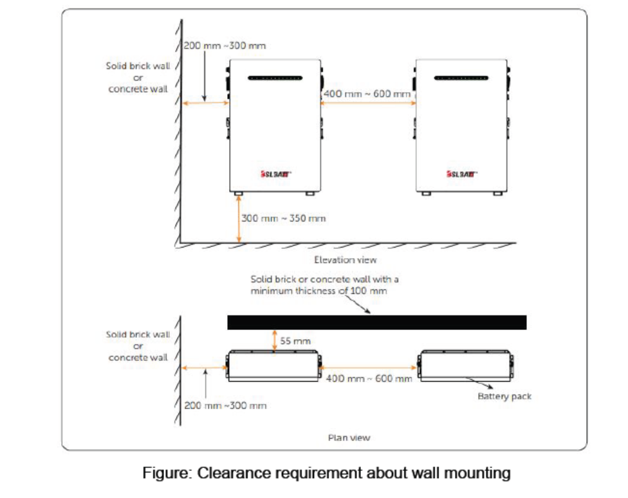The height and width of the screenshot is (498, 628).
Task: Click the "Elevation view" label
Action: [x=345, y=260]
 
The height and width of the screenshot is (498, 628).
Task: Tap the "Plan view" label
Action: [x=349, y=438]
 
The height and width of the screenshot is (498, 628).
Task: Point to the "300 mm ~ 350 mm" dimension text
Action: [x=283, y=218]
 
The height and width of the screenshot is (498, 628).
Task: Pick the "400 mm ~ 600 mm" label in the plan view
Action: [x=369, y=378]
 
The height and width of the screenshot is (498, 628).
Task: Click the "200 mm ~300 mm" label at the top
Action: [x=225, y=46]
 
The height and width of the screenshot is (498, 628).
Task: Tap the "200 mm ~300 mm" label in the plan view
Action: [x=225, y=405]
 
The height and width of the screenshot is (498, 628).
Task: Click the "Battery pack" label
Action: [x=504, y=396]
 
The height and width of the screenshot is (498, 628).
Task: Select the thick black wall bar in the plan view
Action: [x=376, y=322]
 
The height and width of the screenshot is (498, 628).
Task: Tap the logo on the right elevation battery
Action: [x=461, y=174]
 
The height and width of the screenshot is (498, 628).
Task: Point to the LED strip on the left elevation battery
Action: [x=275, y=78]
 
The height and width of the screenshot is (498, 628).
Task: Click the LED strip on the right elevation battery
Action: [x=461, y=78]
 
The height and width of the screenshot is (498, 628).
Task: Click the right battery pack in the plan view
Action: [x=465, y=366]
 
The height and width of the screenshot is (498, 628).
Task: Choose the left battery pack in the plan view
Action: [x=274, y=366]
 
